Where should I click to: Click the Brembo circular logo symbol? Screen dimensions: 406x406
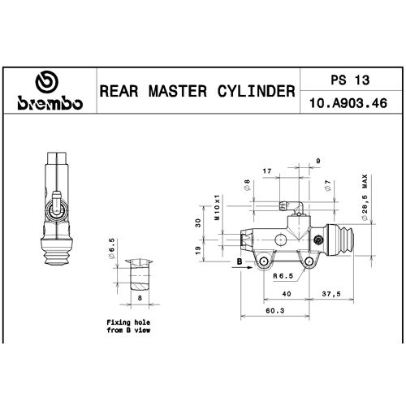(47, 82)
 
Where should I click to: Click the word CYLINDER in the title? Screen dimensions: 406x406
(256, 91)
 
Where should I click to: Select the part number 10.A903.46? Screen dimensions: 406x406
(348, 103)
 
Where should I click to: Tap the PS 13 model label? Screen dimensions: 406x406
(350, 80)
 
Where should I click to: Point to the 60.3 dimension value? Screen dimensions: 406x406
(275, 310)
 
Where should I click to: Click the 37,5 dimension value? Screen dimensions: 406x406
(331, 294)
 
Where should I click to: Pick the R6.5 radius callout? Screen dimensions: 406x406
(283, 276)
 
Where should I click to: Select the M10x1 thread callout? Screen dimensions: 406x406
(218, 207)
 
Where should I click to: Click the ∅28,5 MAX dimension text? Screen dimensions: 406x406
(365, 197)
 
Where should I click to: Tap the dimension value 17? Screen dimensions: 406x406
(267, 171)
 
